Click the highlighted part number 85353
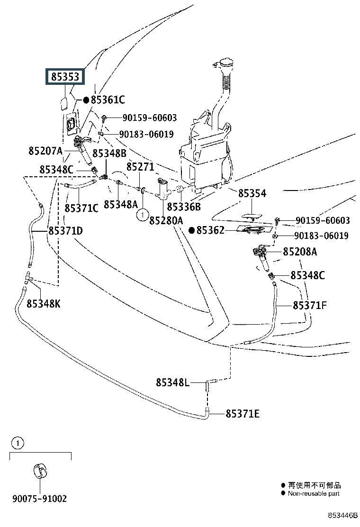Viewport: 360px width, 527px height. [65, 78]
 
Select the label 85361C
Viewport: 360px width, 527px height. [108, 100]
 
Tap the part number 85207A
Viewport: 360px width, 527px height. [45, 151]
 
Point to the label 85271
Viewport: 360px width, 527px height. [140, 167]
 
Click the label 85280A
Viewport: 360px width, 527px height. [166, 220]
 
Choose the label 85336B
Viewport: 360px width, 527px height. [184, 207]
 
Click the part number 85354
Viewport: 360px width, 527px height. [252, 194]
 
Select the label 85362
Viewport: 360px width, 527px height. [213, 230]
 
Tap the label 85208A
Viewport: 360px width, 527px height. [300, 252]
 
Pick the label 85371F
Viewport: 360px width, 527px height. [310, 306]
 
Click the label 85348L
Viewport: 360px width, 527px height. [172, 382]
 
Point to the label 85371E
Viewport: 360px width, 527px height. [243, 414]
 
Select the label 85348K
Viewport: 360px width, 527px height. [44, 304]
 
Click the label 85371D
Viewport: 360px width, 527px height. [65, 231]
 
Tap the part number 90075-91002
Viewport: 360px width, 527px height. [39, 499]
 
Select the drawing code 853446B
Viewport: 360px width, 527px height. [343, 515]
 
